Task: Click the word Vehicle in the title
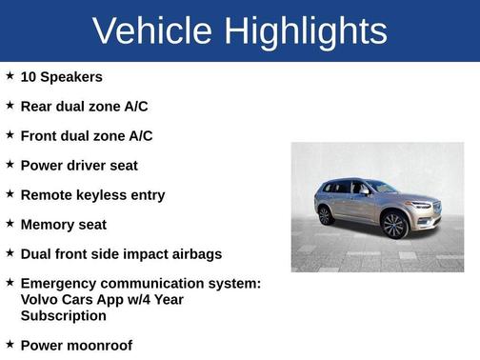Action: point(151,31)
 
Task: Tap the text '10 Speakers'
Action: point(61,77)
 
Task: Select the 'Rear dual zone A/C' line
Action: point(84,107)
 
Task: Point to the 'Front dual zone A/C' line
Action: point(86,136)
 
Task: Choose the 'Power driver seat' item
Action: point(79,166)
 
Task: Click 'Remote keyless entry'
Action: point(92,195)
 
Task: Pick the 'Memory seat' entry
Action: point(63,225)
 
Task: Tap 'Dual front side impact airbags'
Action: point(121,254)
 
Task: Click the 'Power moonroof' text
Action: point(76,345)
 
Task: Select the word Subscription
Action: point(63,315)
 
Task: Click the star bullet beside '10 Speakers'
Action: point(10,75)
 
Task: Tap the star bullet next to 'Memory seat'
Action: point(10,223)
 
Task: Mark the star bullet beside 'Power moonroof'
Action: point(10,343)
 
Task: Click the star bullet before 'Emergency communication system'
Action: point(10,282)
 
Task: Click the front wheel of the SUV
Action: point(393,226)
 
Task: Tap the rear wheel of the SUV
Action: point(326,215)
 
